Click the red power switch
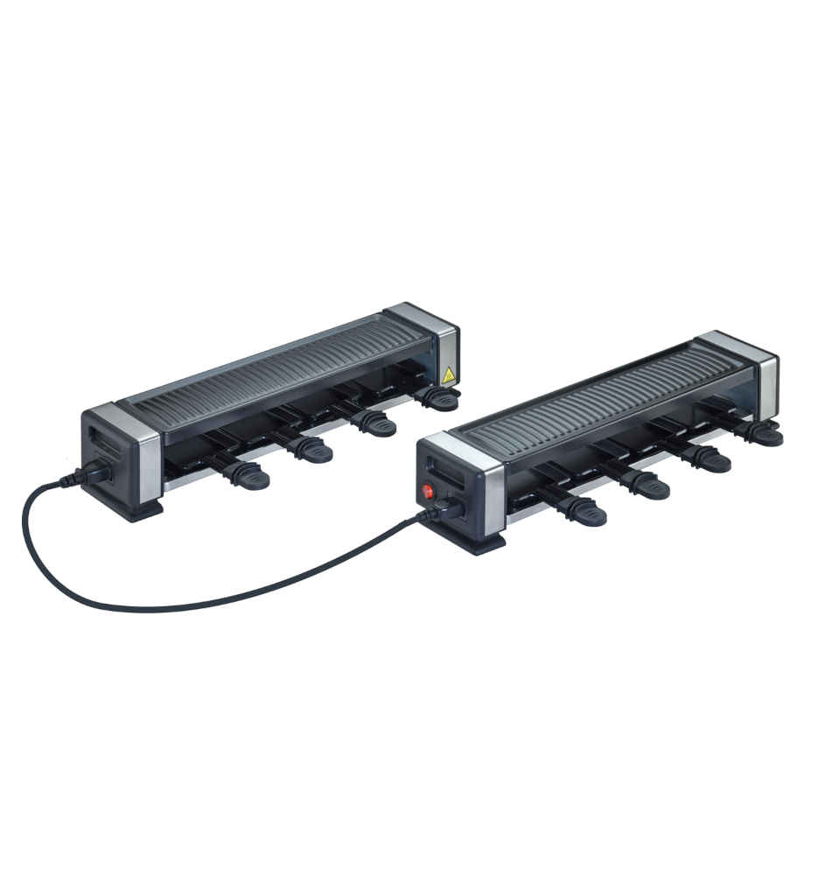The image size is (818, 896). (429, 492)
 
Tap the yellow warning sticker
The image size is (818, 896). (449, 375)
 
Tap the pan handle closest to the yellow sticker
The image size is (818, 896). (437, 399)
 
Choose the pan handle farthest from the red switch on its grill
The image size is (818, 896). (761, 434)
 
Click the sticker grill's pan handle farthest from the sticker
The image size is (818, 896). (246, 476)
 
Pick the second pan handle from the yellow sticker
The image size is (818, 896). (374, 424)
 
